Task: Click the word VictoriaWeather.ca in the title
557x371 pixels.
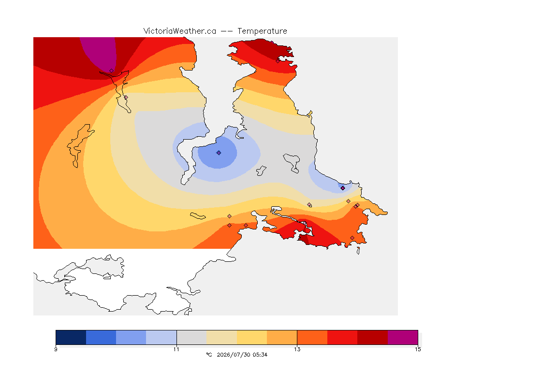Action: pos(180,31)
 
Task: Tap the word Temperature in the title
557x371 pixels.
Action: pos(262,31)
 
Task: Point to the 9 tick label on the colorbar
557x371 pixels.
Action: pos(56,349)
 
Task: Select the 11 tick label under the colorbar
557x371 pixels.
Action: pos(176,349)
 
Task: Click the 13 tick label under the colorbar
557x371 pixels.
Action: pos(297,349)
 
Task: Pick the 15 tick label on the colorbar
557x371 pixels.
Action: pos(418,349)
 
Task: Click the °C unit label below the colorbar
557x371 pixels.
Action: pos(209,355)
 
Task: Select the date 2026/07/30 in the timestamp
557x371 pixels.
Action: pos(233,355)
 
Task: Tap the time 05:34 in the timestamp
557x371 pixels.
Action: pos(260,355)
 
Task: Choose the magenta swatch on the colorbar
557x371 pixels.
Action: pos(402,337)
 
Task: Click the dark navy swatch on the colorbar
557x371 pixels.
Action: pos(71,337)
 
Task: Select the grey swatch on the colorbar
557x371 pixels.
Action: pos(191,337)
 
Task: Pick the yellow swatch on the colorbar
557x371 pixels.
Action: pos(252,337)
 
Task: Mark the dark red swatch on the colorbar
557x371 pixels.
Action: pos(372,337)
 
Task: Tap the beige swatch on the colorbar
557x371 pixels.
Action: pos(221,337)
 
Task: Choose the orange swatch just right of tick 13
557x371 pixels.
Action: pos(312,337)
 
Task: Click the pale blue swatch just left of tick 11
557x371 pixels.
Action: pos(161,337)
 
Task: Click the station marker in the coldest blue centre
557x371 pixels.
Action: pos(219,153)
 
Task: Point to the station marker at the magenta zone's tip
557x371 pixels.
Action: pos(112,71)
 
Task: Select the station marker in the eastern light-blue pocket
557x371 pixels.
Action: pos(343,188)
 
